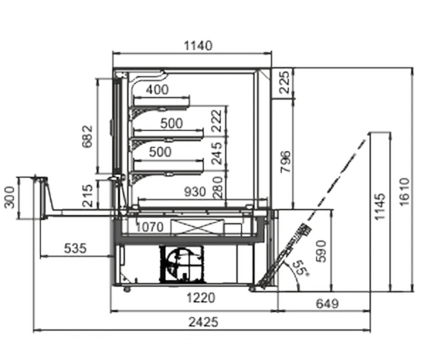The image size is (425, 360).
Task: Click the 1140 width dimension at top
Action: pyautogui.click(x=198, y=46)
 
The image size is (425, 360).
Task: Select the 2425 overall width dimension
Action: pyautogui.click(x=203, y=322)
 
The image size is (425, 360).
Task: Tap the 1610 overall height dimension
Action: pyautogui.click(x=404, y=191)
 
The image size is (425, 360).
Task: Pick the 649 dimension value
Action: pyautogui.click(x=327, y=303)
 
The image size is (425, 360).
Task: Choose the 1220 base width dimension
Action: pyautogui.click(x=201, y=298)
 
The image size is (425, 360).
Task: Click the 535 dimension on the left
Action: pyautogui.click(x=75, y=248)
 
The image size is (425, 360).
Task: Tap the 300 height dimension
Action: pyautogui.click(x=10, y=197)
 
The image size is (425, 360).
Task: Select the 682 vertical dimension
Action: pyautogui.click(x=87, y=136)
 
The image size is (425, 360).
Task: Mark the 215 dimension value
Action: pyautogui.click(x=87, y=196)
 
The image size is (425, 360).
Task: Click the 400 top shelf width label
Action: pyautogui.click(x=157, y=89)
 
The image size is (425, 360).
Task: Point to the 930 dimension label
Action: pyautogui.click(x=195, y=192)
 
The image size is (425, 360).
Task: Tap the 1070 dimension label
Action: pyautogui.click(x=149, y=227)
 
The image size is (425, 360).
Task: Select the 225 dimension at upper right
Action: pyautogui.click(x=285, y=82)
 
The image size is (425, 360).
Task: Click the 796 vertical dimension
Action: pyautogui.click(x=285, y=162)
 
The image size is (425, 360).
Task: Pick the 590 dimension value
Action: pyautogui.click(x=322, y=251)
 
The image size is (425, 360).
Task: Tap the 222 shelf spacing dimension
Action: pyautogui.click(x=217, y=120)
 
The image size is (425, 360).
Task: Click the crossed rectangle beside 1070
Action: pyautogui.click(x=195, y=227)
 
